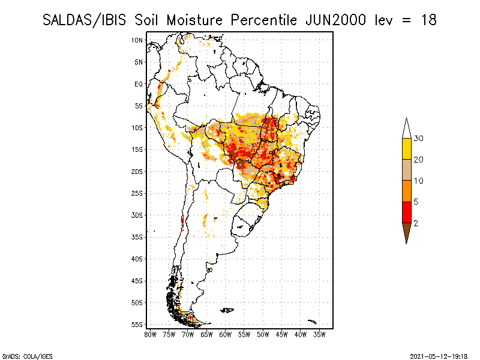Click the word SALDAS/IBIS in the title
[84, 20]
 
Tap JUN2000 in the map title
[335, 20]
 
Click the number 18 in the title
[428, 20]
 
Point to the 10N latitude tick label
[137, 40]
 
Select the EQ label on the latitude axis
[139, 84]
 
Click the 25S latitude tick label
[137, 193]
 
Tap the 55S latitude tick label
[137, 325]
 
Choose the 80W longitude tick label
[150, 335]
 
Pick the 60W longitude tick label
[226, 335]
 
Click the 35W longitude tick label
[319, 335]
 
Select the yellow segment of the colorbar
[407, 149]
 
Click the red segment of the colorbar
[407, 212]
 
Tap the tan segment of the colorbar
[407, 170]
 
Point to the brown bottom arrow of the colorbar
[407, 232]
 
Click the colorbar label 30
[418, 139]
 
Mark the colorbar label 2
[416, 223]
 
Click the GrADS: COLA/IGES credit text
[27, 356]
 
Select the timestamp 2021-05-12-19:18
[439, 356]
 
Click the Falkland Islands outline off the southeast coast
[227, 310]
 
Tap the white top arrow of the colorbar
[407, 128]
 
